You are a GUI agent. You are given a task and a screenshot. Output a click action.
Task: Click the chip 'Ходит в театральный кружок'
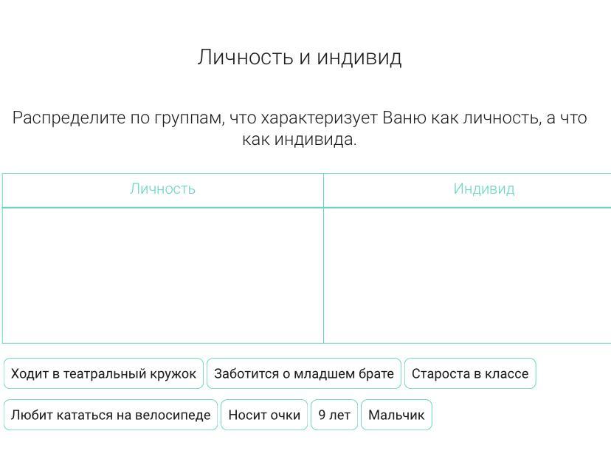(103, 373)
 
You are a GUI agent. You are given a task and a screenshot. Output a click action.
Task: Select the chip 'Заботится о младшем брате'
(304, 373)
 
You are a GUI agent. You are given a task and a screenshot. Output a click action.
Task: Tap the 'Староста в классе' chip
(470, 373)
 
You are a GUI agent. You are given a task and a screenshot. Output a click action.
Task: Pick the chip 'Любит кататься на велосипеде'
(111, 415)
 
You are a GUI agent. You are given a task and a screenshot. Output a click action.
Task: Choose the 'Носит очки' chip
(264, 415)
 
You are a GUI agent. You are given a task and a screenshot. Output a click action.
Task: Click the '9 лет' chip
(334, 415)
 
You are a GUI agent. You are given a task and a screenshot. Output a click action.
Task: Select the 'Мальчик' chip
(396, 415)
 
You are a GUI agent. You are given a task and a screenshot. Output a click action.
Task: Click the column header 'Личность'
(162, 189)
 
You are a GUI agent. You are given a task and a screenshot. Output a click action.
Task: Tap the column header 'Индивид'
(484, 189)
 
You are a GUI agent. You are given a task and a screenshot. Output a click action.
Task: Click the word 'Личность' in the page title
(245, 57)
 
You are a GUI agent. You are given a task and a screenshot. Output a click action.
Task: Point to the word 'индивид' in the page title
(359, 58)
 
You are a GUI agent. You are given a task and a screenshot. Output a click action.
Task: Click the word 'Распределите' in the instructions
(69, 118)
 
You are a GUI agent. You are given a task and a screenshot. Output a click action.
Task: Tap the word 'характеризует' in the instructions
(319, 118)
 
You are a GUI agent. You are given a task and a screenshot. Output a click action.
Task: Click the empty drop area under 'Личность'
(163, 275)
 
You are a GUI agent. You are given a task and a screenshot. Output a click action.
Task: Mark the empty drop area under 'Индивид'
(467, 275)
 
